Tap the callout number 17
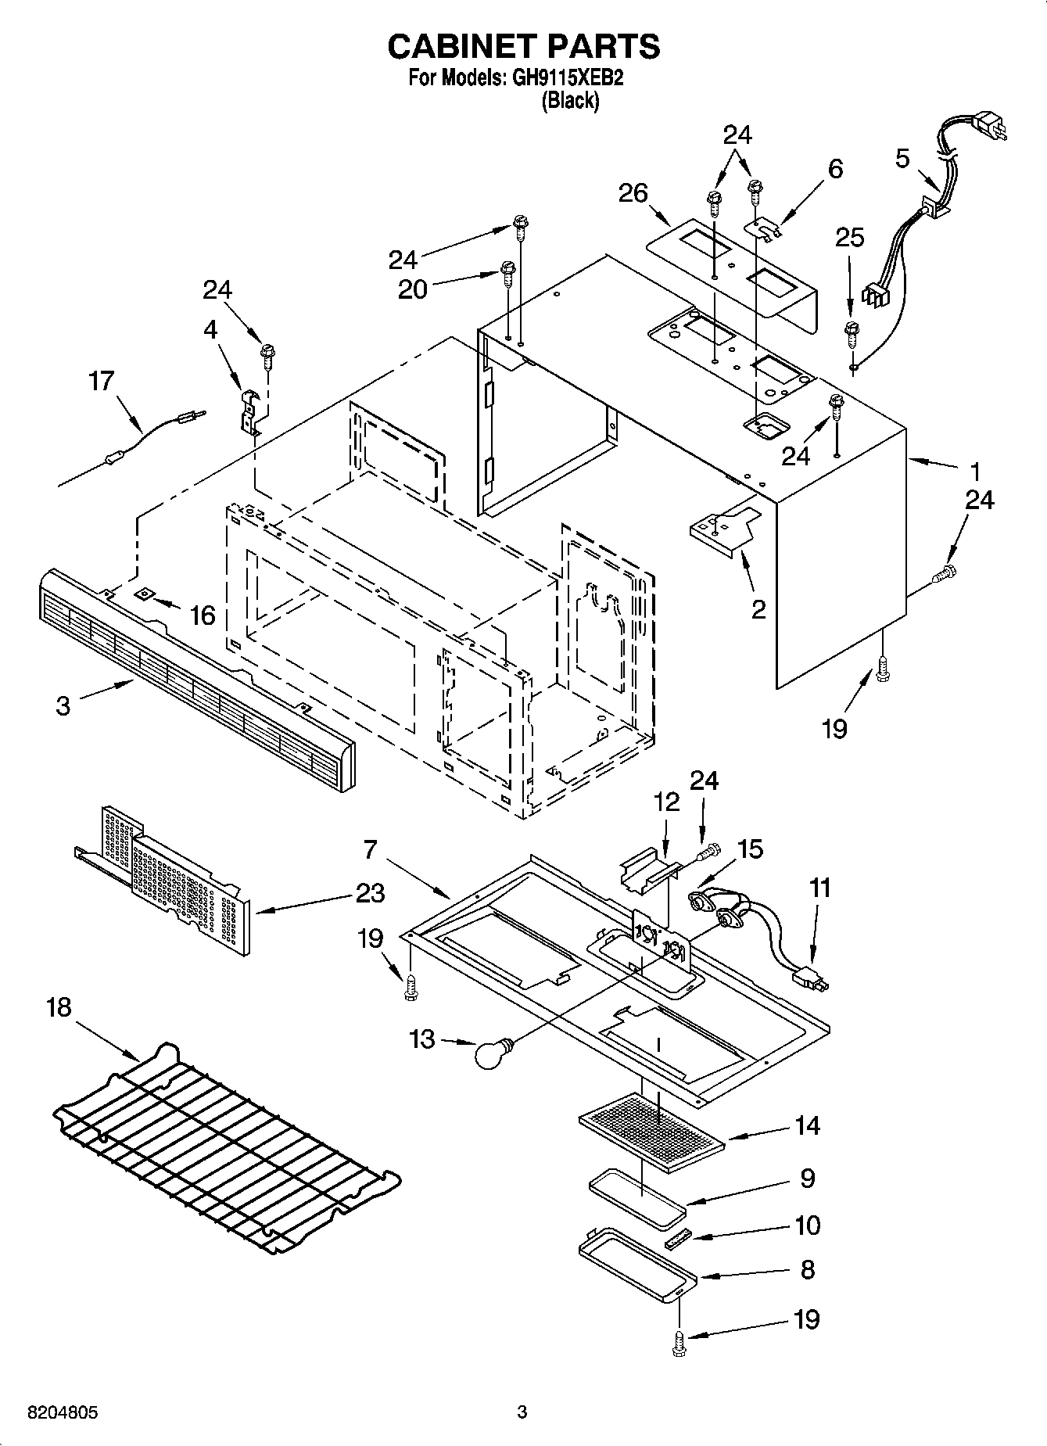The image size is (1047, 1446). coord(102,382)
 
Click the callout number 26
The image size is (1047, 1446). coord(633,192)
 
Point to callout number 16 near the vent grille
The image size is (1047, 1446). coord(203,615)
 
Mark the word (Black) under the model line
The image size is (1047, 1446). coord(570,101)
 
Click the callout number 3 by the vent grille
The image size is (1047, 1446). coord(63,705)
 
